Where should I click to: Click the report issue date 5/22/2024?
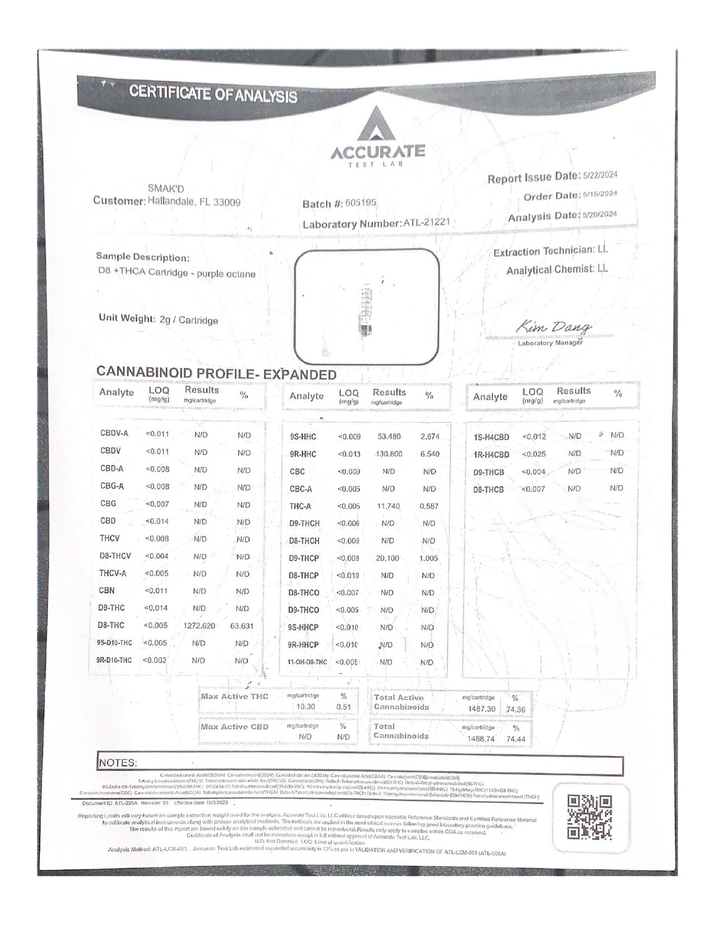(x=600, y=175)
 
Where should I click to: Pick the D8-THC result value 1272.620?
(x=199, y=626)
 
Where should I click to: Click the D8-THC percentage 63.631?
(x=242, y=626)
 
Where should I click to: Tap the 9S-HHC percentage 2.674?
(x=430, y=436)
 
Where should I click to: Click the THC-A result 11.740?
(x=388, y=506)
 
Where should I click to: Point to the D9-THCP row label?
(x=304, y=558)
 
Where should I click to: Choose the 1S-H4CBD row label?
(x=491, y=437)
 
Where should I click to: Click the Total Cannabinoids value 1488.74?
(x=481, y=738)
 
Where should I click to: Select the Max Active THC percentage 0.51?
(x=343, y=707)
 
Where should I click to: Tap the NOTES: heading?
(x=118, y=762)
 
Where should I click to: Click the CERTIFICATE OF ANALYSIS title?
(x=213, y=94)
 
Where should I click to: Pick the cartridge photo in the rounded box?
(x=366, y=307)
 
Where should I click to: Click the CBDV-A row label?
(x=114, y=433)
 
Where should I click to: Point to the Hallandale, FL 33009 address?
(x=193, y=202)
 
